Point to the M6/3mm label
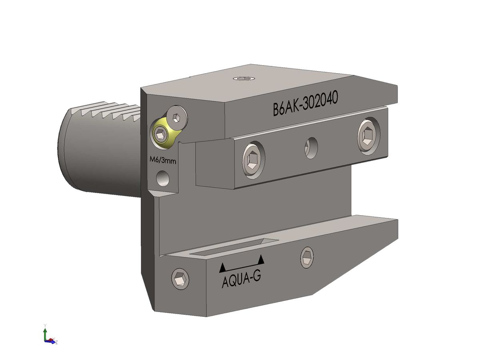(162, 160)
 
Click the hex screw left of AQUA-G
(180, 278)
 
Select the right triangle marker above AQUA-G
(261, 260)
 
